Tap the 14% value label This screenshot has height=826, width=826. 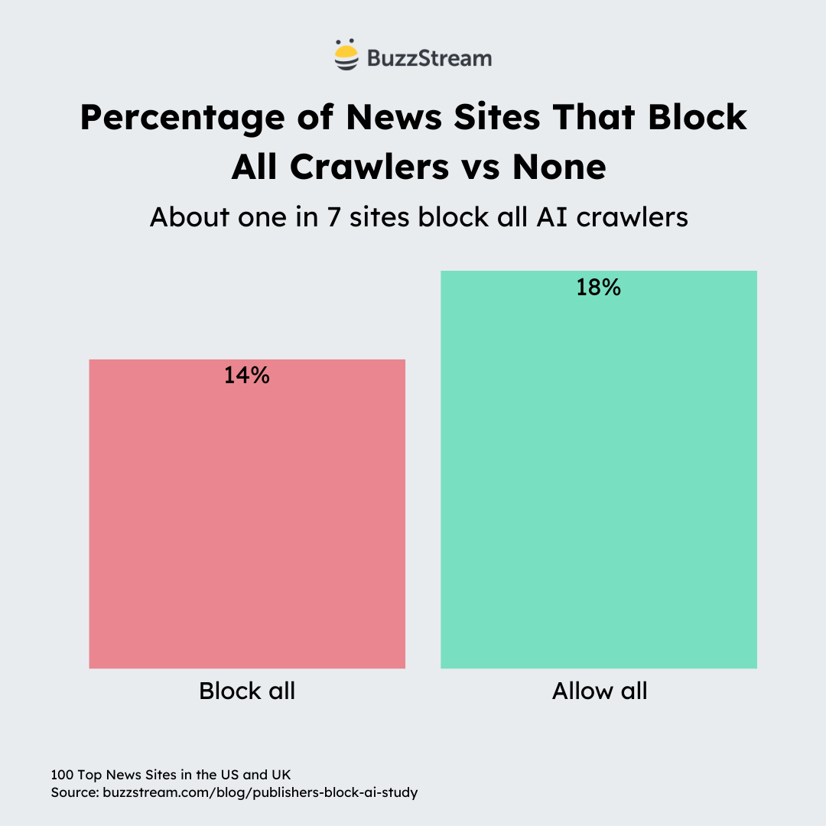point(247,376)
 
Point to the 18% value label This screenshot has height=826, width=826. point(599,288)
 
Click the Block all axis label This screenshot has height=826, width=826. point(247,691)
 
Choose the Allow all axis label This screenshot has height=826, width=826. point(600,691)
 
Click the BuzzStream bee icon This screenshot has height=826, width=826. point(346,56)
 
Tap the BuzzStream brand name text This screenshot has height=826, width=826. point(429,57)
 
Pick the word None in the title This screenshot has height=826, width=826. point(559,167)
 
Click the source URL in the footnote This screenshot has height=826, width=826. point(259,792)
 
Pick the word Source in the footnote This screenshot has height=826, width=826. point(73,792)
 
